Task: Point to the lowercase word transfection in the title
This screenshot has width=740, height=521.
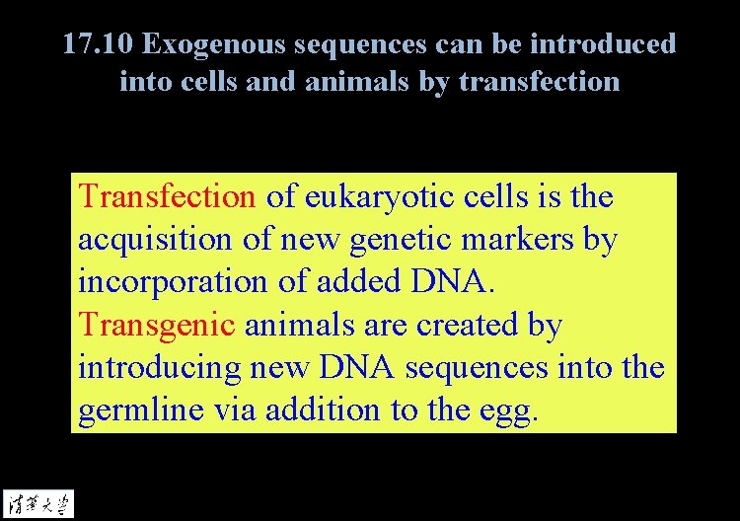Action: point(538,81)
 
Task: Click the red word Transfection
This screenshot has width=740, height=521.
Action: point(167,196)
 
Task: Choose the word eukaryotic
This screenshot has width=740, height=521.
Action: point(371,196)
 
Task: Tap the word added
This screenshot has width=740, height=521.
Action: point(353,282)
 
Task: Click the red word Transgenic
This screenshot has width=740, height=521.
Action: point(156,325)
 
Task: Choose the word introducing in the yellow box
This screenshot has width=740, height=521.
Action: point(158,368)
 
